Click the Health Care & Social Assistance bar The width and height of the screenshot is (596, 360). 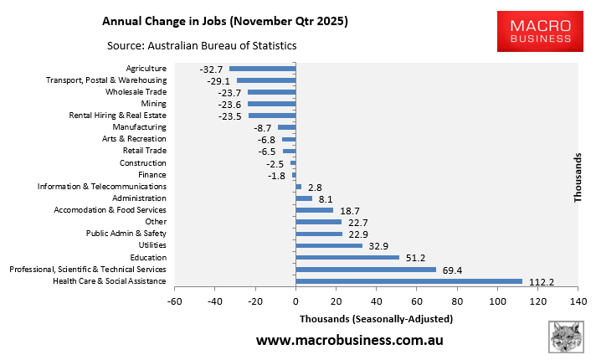click(x=408, y=281)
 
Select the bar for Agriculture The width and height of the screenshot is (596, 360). click(x=262, y=69)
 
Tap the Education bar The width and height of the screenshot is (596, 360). click(x=347, y=258)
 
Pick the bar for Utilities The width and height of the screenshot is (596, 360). click(x=329, y=245)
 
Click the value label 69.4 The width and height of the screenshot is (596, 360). click(x=452, y=270)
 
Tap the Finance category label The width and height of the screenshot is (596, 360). click(x=152, y=174)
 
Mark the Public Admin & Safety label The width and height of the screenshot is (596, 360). click(x=126, y=233)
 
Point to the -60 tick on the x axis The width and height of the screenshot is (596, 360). click(x=174, y=301)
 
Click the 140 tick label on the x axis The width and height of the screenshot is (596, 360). click(x=577, y=301)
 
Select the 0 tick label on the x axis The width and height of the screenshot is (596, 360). click(x=295, y=301)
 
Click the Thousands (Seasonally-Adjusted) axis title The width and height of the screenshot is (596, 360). click(x=376, y=319)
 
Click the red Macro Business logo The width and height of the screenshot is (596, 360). click(x=534, y=28)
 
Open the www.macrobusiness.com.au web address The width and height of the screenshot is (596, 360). click(x=349, y=341)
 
